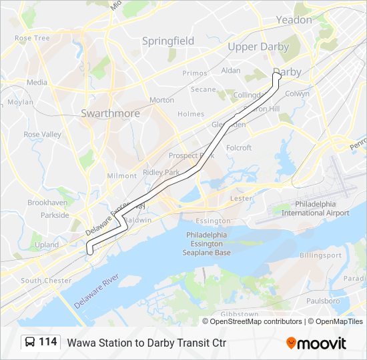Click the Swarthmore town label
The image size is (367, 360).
click(x=110, y=113)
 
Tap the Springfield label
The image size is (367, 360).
click(x=168, y=41)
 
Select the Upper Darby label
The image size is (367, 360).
click(x=258, y=47)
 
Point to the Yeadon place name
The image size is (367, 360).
click(x=294, y=20)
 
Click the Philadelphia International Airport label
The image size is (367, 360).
click(x=315, y=208)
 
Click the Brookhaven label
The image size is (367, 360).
click(x=47, y=202)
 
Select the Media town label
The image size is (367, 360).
click(x=37, y=83)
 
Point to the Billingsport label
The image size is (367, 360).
click(x=320, y=255)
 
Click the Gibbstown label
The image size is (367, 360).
click(x=239, y=313)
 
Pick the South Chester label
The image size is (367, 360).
click(x=46, y=281)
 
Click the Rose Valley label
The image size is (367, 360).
click(x=42, y=134)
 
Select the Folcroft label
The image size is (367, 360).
click(x=239, y=147)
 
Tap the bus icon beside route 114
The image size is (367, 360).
click(x=30, y=342)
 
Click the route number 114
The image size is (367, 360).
click(x=47, y=342)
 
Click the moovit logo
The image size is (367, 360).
click(x=316, y=343)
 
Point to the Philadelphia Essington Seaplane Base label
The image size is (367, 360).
click(x=208, y=244)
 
